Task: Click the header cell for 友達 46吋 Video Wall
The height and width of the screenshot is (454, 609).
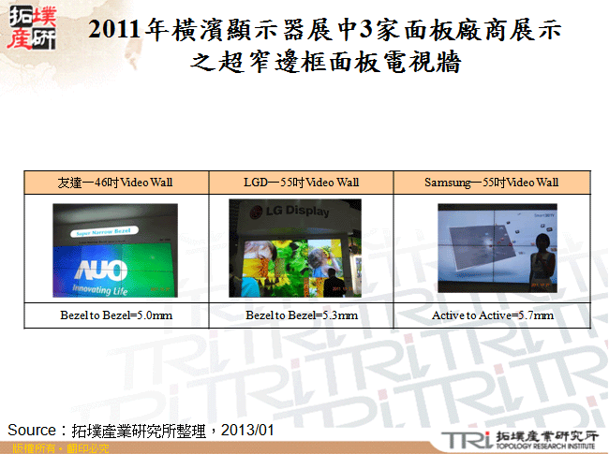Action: (x=115, y=182)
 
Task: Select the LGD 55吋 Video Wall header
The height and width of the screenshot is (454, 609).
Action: (x=302, y=182)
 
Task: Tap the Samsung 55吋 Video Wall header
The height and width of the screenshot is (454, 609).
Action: (x=491, y=182)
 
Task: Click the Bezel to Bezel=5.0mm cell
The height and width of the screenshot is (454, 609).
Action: (x=115, y=315)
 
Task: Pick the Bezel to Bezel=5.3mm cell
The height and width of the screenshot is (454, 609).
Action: (x=302, y=315)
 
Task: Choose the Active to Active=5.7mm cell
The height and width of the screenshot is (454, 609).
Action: (x=492, y=315)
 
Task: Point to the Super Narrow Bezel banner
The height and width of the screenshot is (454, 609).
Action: (x=107, y=229)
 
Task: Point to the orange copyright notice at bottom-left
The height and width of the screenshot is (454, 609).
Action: (x=54, y=448)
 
